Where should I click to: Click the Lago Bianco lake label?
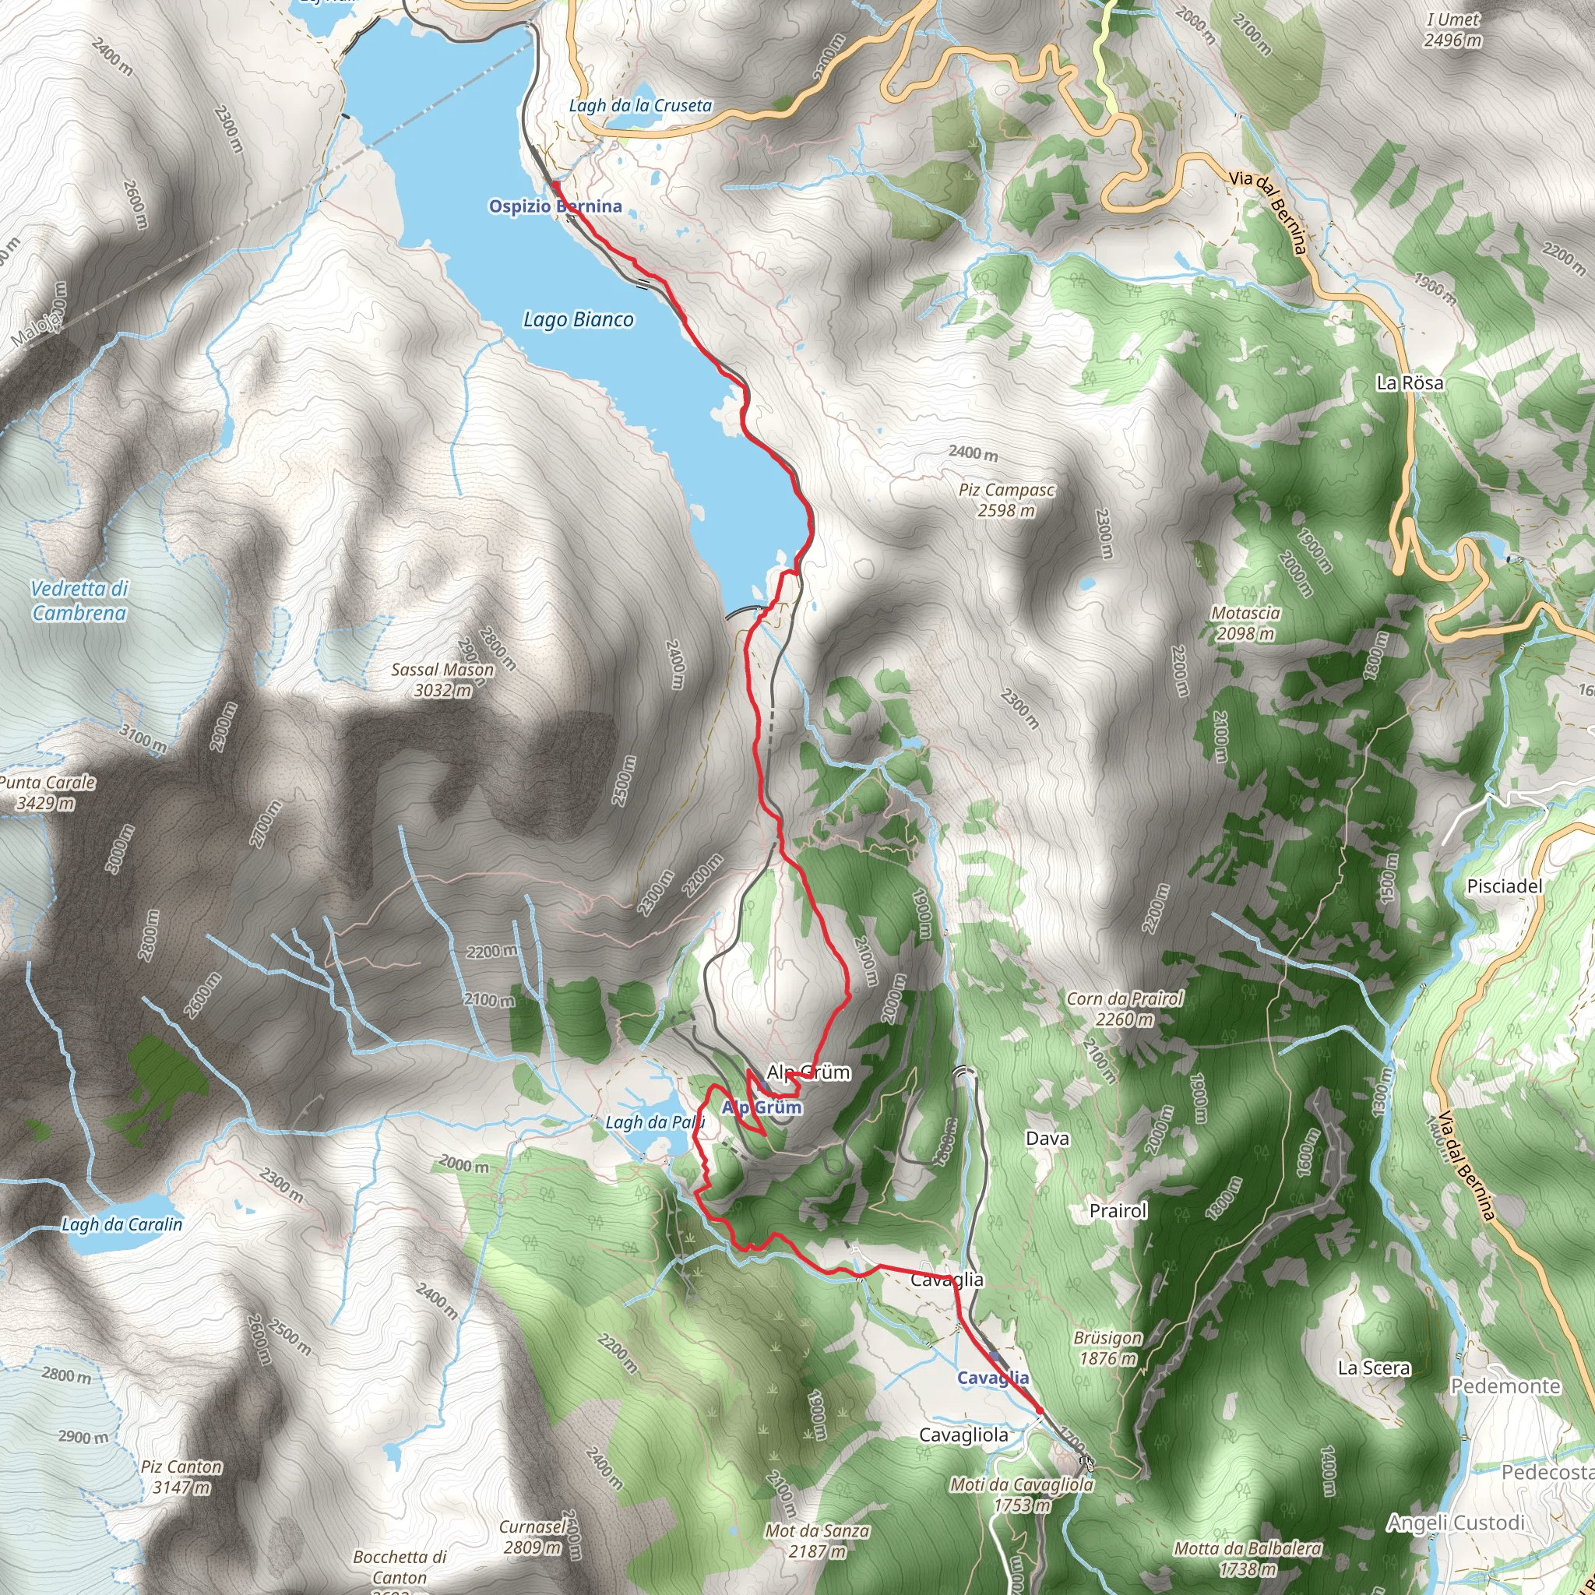579,319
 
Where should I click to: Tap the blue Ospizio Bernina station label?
555,206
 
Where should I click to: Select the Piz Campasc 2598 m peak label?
1006,500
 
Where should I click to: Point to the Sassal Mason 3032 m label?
442,679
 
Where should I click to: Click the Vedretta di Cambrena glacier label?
79,600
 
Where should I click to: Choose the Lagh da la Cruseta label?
640,106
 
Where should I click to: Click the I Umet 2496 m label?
1452,30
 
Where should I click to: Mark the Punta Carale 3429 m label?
47,793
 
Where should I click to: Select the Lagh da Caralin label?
122,1224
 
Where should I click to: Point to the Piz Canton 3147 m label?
181,1477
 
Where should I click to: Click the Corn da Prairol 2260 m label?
1125,1009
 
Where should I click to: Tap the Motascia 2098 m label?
1245,623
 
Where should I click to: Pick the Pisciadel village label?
1504,886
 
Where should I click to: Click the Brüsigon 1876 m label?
1108,1347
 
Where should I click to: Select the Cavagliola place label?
963,1435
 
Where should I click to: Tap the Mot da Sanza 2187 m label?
817,1540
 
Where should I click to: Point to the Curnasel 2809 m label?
533,1537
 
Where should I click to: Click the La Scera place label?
1374,1368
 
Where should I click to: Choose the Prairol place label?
1118,1210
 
